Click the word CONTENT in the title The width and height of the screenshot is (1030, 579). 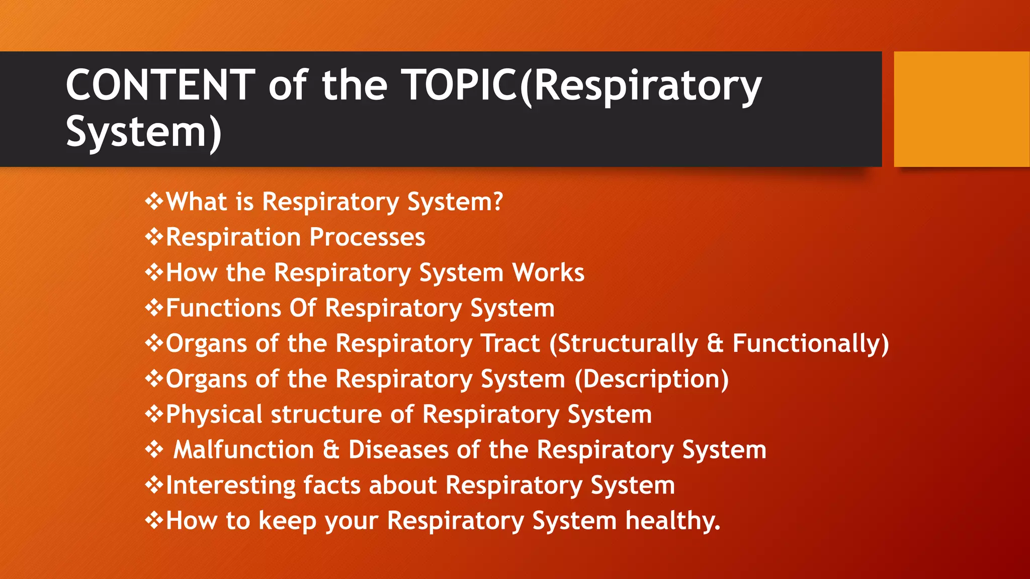[160, 85]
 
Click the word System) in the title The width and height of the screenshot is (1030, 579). [143, 132]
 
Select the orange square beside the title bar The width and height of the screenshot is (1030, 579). [961, 109]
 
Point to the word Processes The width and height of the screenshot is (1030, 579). [367, 237]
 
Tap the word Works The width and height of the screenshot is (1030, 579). [548, 272]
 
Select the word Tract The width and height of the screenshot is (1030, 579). [510, 344]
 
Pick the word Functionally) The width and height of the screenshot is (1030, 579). [810, 344]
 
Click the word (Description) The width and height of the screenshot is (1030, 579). [651, 379]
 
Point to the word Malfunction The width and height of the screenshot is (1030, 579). [243, 450]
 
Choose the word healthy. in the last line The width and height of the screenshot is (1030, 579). [672, 521]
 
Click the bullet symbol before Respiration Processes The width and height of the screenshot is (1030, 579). [154, 236]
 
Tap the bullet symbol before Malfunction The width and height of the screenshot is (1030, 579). [154, 449]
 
